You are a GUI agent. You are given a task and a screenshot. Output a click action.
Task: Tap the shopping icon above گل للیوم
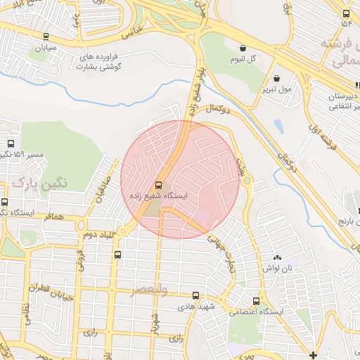click(243, 49)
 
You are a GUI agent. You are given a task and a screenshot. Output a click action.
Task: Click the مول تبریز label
click(275, 89)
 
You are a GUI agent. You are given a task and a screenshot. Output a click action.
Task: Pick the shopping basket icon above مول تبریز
click(276, 78)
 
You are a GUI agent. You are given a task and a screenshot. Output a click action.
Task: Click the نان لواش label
click(277, 269)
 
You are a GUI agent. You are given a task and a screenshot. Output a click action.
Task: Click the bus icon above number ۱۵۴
click(346, 13)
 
